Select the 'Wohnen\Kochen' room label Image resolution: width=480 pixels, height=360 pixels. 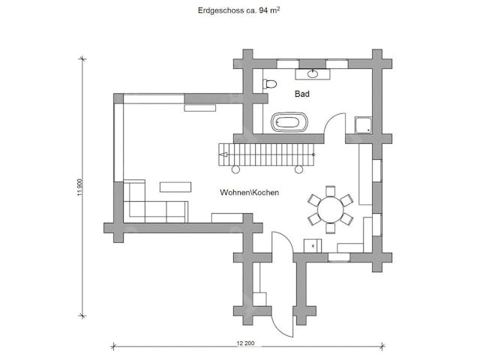249,193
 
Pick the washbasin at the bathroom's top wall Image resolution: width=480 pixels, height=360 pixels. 312,73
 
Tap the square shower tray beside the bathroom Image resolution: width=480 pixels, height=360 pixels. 364,125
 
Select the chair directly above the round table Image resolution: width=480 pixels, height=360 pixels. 329,190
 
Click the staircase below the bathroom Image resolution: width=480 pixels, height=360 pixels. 266,154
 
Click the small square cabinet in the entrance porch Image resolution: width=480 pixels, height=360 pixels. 260,298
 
